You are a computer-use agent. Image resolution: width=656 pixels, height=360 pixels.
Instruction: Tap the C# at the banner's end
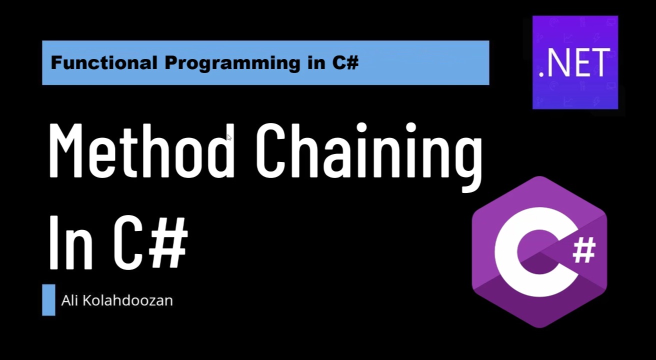tap(344, 63)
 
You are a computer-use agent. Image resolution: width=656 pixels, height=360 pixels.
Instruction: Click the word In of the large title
tap(70, 243)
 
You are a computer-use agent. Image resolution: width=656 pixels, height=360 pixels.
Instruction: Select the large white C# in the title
tap(150, 243)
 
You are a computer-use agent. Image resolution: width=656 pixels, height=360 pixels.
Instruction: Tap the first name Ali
tap(69, 300)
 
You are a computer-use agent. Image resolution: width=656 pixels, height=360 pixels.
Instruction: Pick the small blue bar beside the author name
tap(48, 300)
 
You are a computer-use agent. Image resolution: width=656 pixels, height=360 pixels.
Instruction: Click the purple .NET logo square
tap(575, 62)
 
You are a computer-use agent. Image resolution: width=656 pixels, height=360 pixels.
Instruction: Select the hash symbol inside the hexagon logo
tap(583, 250)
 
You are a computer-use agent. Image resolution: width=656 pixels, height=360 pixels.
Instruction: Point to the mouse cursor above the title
tap(229, 137)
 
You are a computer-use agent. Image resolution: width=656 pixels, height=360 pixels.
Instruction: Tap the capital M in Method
tap(68, 150)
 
